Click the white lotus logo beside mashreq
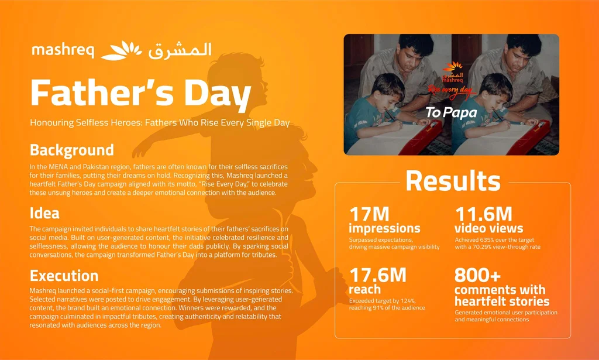(x=121, y=50)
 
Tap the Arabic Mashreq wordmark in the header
(x=180, y=50)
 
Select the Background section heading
(x=72, y=150)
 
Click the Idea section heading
(x=44, y=213)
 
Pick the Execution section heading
(x=64, y=276)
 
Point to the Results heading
(x=453, y=180)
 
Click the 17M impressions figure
(x=369, y=214)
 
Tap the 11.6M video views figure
(x=483, y=214)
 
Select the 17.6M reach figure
(x=378, y=275)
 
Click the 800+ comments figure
(x=477, y=275)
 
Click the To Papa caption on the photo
(x=451, y=112)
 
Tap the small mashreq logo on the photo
(x=452, y=72)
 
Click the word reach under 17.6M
(x=365, y=289)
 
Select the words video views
(x=488, y=228)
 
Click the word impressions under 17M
(x=384, y=228)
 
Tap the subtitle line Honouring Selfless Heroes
(x=160, y=123)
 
